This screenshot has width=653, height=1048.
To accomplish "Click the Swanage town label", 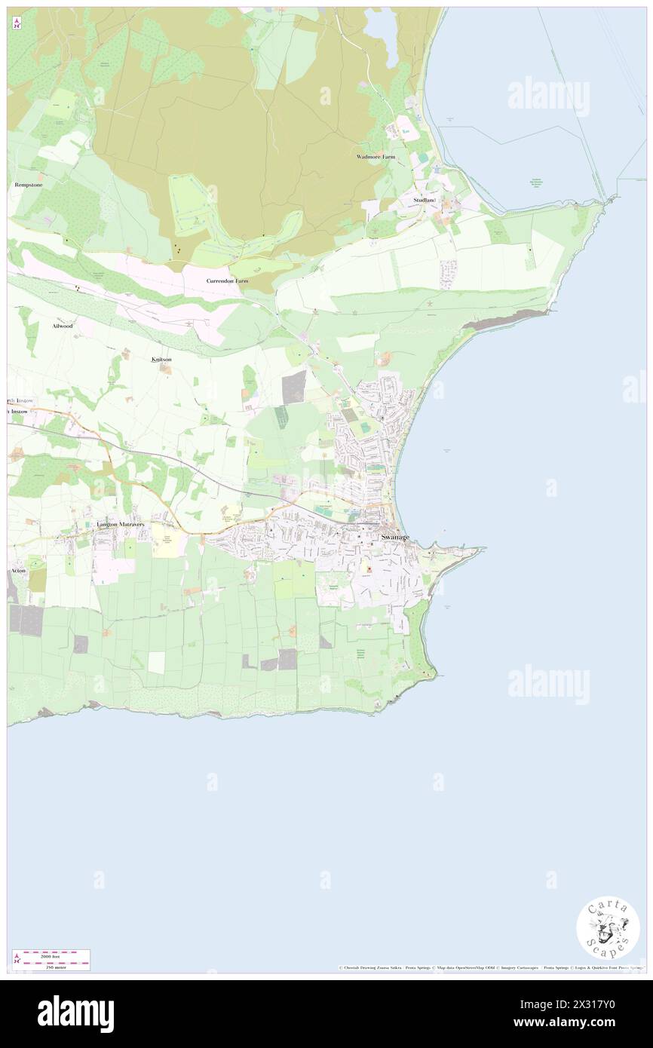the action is (x=395, y=537).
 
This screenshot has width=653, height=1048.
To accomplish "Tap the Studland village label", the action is (x=425, y=200).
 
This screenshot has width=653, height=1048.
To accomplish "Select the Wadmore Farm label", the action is (x=376, y=157).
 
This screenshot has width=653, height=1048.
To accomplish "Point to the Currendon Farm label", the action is (x=227, y=280).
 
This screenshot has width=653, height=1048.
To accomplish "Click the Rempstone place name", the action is (x=27, y=185).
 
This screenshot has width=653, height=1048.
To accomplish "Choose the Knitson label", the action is (x=161, y=360).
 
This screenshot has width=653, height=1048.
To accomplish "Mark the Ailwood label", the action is (x=63, y=326).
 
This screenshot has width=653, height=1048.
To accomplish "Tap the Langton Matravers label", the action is (x=120, y=524).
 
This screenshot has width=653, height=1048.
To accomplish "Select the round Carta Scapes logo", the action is (x=608, y=927).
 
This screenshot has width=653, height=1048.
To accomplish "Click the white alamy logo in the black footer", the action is (x=75, y=1014).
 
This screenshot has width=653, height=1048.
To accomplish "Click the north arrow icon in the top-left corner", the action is (x=17, y=23).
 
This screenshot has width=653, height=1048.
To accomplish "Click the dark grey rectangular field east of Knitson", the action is (x=294, y=386).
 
